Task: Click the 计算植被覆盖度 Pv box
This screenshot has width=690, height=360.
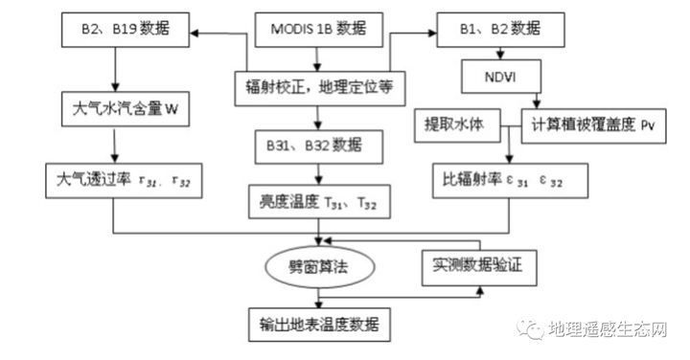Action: pos(592,124)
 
